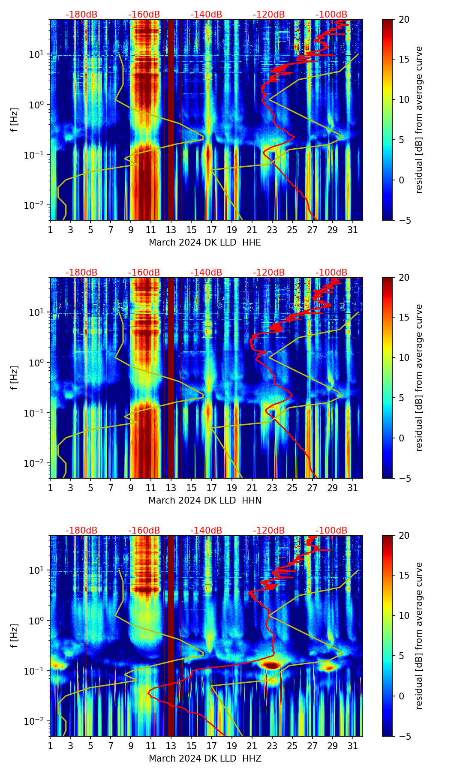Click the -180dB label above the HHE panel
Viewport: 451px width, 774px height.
81,15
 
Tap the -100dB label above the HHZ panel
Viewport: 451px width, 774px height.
331,531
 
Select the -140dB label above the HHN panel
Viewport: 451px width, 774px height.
206,273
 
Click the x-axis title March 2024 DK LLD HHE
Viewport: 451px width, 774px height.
204,243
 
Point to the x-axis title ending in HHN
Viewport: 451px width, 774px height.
204,501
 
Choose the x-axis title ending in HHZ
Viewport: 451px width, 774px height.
204,759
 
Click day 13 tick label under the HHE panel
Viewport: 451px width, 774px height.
171,230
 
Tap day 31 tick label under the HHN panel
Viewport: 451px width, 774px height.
353,488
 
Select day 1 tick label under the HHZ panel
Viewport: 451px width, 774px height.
50,746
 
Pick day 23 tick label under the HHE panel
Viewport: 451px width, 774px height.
272,230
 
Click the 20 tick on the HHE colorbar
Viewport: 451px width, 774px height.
404,19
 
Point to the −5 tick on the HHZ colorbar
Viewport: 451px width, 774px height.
404,736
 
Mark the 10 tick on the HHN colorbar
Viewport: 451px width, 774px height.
404,357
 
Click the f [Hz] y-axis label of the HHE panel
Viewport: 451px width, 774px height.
15,120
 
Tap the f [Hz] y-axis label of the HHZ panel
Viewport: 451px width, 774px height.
15,636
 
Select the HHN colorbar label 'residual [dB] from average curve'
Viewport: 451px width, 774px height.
419,378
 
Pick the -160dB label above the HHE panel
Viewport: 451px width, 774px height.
144,15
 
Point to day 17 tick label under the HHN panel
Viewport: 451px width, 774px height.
211,488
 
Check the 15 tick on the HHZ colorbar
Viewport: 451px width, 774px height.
404,576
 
